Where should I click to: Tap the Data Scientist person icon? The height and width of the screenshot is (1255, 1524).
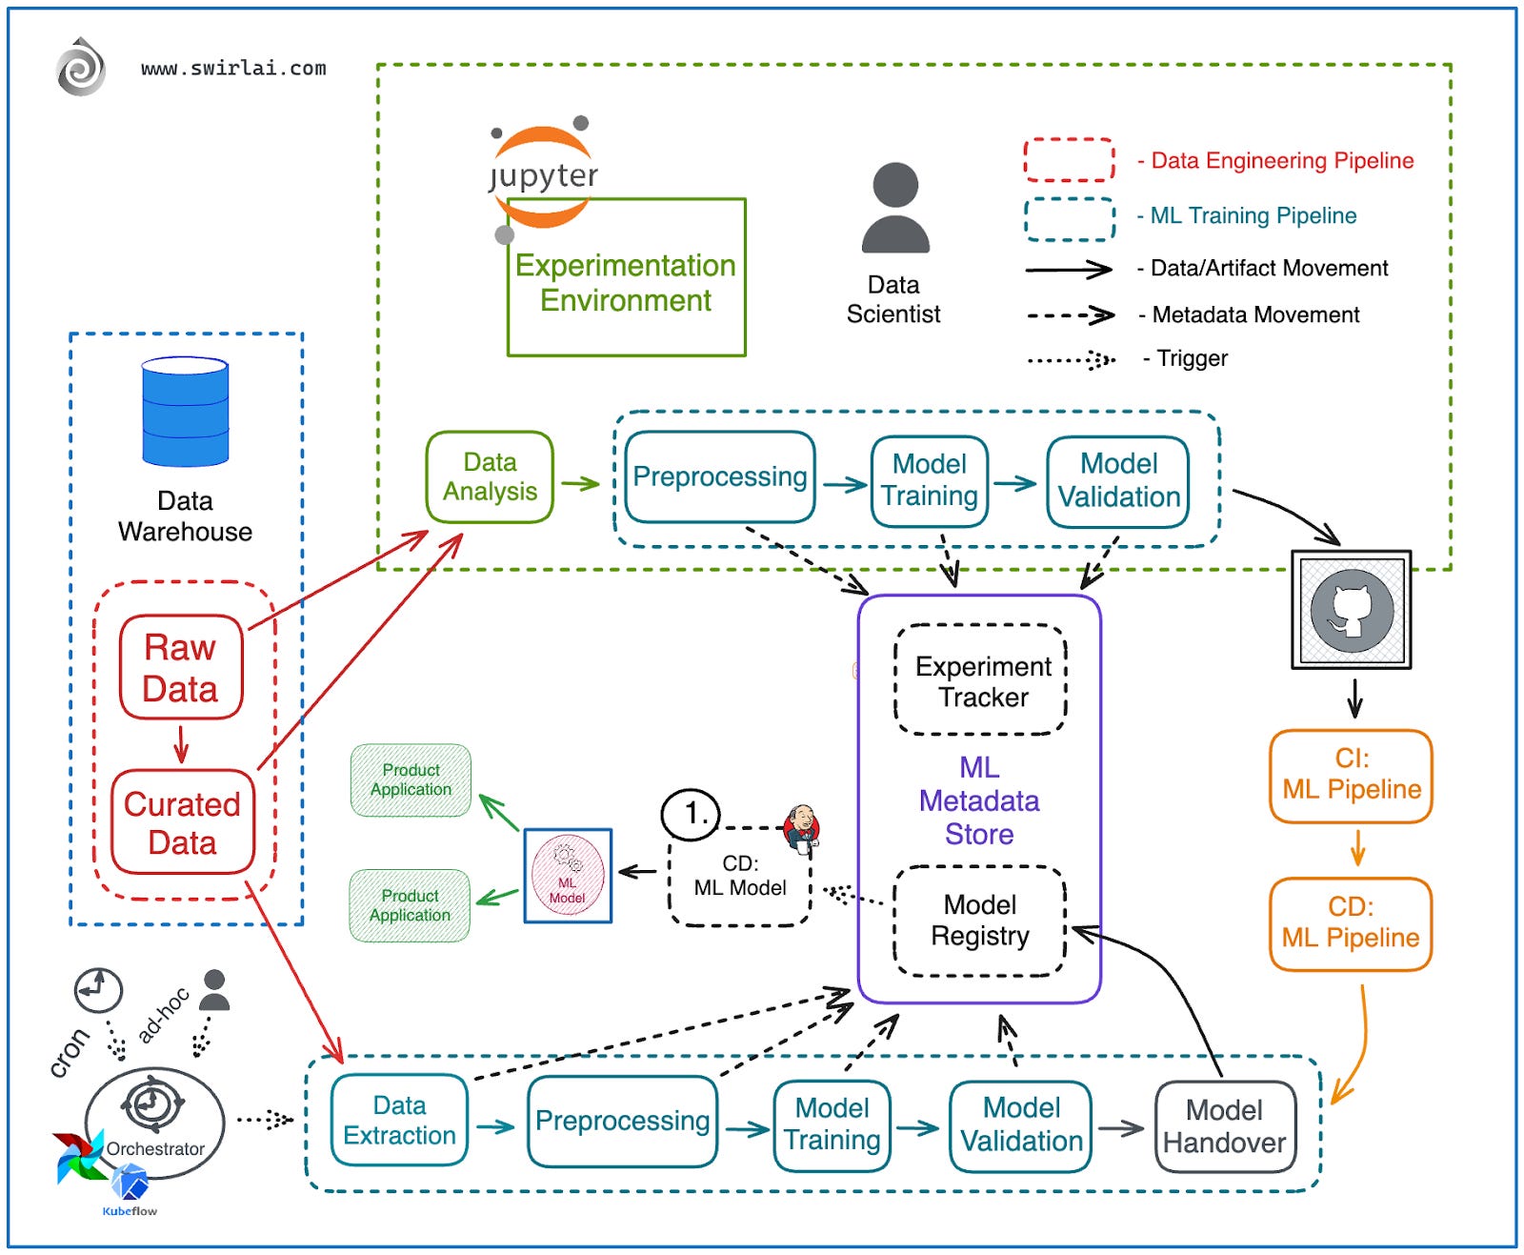click(x=894, y=207)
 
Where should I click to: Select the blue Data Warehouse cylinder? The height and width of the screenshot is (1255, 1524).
click(x=185, y=412)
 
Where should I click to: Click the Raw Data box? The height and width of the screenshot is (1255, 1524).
click(x=181, y=667)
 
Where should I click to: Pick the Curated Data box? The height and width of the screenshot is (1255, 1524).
click(x=182, y=822)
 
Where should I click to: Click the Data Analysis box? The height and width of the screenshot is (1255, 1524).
click(x=490, y=476)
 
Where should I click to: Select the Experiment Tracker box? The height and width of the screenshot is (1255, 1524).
click(x=982, y=680)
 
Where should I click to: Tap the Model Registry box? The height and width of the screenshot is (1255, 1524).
click(x=980, y=921)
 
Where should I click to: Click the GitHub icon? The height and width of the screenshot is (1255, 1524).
click(x=1351, y=610)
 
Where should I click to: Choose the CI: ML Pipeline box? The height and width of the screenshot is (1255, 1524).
click(x=1351, y=775)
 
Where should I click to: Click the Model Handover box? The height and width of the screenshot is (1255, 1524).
click(x=1225, y=1126)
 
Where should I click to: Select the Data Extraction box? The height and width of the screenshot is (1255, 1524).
click(x=399, y=1121)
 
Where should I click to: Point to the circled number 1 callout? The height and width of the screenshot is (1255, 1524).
click(x=691, y=814)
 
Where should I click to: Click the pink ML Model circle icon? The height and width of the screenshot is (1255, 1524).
click(x=568, y=876)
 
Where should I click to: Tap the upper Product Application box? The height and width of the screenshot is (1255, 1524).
click(x=411, y=780)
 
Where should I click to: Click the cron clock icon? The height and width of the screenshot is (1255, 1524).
click(x=98, y=991)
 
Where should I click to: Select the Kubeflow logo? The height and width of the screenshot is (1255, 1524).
click(x=130, y=1187)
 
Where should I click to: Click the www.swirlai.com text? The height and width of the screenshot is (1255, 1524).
click(x=233, y=69)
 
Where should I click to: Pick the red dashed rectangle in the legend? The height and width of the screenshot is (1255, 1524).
click(x=1069, y=160)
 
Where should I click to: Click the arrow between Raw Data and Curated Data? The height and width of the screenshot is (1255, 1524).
click(x=181, y=744)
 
